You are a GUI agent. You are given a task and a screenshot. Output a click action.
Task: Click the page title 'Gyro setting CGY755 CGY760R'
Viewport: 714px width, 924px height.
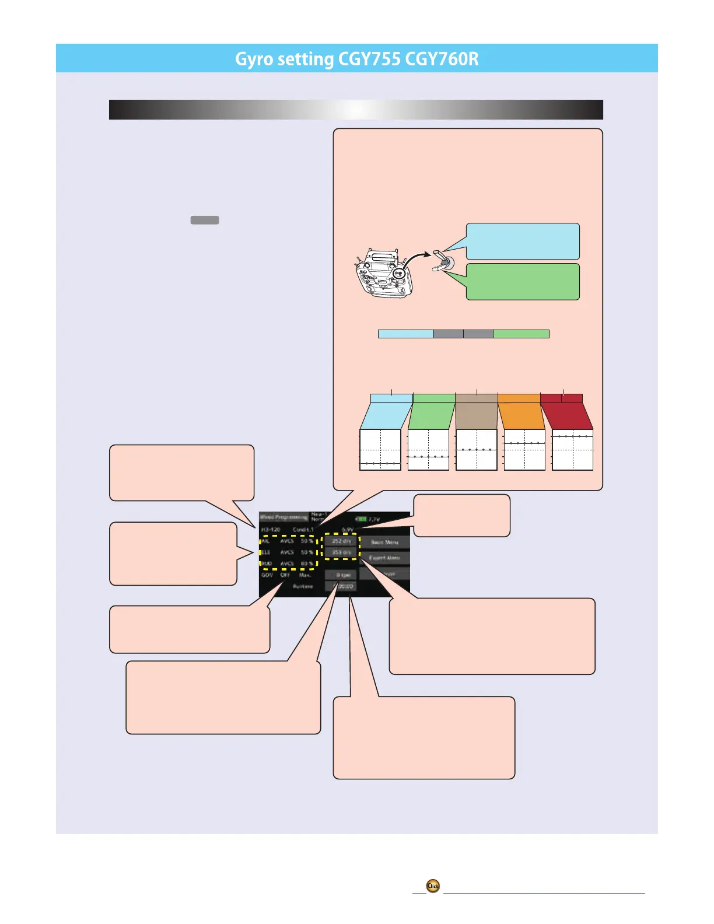click(x=356, y=59)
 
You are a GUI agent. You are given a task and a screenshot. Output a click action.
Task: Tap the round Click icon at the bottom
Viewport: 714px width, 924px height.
click(x=433, y=885)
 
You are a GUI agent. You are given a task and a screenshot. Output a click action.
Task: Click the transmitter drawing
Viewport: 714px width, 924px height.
click(x=384, y=274)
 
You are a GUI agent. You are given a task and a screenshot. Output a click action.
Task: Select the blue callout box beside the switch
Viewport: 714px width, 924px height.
click(x=523, y=241)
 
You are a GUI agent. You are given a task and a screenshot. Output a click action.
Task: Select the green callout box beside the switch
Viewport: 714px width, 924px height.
click(x=523, y=281)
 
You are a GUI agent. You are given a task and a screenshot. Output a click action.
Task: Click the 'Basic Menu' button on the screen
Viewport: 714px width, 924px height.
click(x=384, y=542)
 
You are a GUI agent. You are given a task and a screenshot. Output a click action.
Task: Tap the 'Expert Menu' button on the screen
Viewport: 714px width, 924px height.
click(x=384, y=558)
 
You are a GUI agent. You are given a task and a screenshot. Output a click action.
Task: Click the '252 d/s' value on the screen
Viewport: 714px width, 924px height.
click(x=341, y=541)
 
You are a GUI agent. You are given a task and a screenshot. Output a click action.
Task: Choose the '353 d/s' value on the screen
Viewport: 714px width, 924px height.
click(x=341, y=552)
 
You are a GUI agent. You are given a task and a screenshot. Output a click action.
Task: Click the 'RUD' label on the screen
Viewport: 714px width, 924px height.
click(x=267, y=563)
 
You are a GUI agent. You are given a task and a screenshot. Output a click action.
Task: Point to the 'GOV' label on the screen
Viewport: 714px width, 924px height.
click(x=267, y=575)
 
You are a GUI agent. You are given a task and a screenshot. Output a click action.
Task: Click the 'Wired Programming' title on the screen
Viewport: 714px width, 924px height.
click(x=283, y=517)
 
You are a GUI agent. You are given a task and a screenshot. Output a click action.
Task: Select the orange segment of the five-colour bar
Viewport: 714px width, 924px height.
click(x=519, y=398)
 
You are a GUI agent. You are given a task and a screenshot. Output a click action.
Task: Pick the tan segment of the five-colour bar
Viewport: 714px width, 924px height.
click(x=477, y=398)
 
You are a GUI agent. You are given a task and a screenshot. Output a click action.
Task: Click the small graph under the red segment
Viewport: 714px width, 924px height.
click(x=572, y=450)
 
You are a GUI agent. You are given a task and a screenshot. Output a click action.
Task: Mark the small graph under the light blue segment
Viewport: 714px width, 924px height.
click(x=380, y=450)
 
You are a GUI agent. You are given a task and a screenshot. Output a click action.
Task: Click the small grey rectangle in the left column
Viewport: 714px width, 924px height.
click(x=204, y=220)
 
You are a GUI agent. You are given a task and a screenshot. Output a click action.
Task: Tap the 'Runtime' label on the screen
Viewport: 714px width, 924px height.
click(x=303, y=586)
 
